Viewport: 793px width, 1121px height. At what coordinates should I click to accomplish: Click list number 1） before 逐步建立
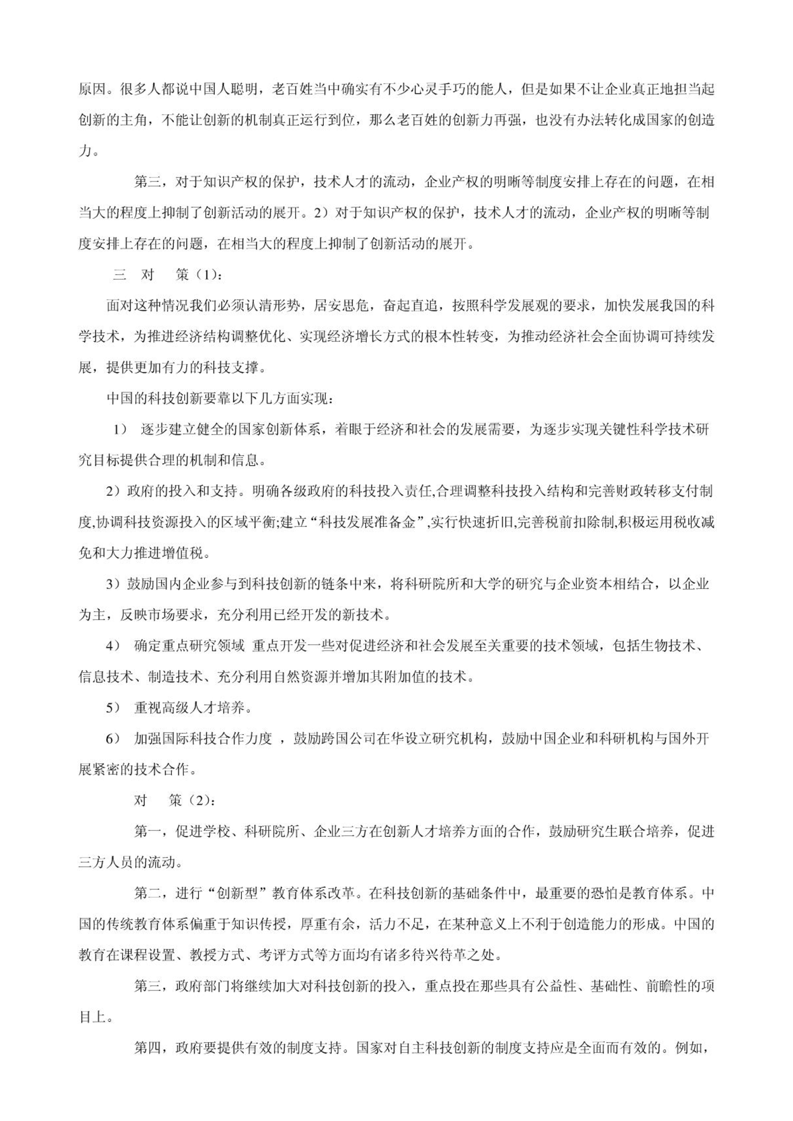pos(120,430)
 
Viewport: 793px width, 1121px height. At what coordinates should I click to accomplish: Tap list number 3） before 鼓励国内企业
pos(113,584)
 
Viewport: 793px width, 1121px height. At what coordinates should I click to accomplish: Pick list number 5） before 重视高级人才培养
pos(113,708)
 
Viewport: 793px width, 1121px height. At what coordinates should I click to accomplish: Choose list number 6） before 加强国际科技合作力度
pos(113,739)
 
